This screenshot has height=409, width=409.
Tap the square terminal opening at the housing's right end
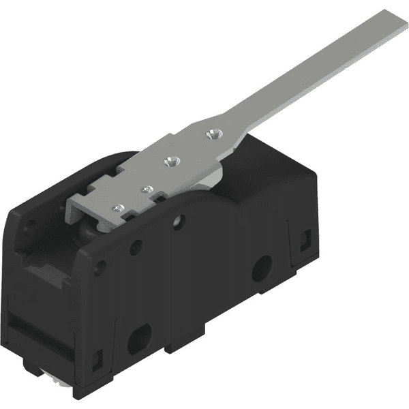[305, 238]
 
